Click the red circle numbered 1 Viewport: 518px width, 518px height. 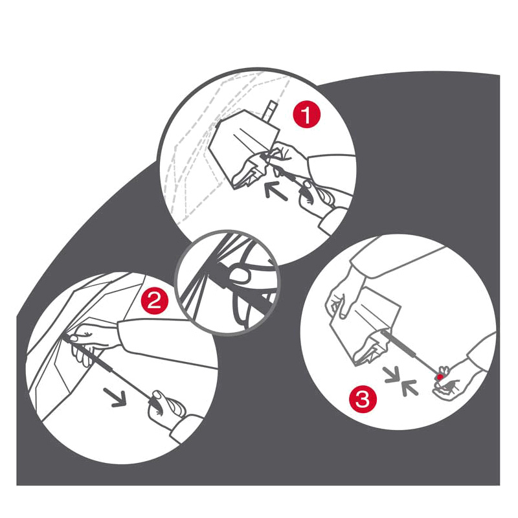tap(306, 115)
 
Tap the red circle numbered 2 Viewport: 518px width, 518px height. tap(155, 300)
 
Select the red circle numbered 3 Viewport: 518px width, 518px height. tap(363, 400)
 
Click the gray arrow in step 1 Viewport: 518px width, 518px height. tap(276, 190)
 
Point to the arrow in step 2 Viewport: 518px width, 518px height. tap(116, 397)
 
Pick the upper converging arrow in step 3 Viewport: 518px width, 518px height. tap(393, 376)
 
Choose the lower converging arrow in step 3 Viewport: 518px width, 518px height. tap(410, 388)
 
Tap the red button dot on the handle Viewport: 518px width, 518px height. tap(440, 377)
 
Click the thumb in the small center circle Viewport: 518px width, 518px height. tap(240, 276)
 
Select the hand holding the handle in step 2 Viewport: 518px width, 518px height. tap(165, 407)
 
